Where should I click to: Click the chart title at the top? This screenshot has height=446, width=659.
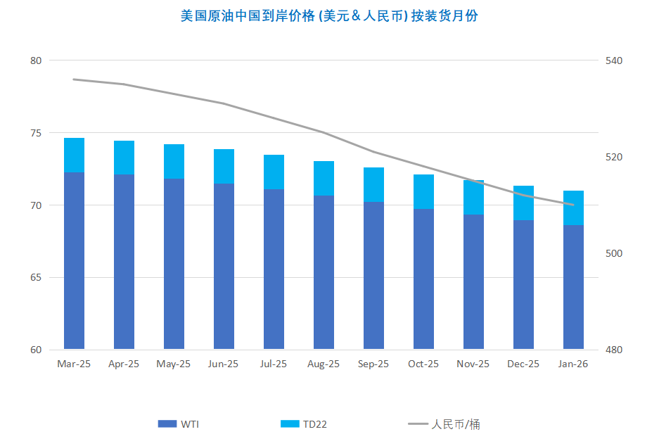coord(329,15)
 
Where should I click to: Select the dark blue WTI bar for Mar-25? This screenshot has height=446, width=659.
coord(74,260)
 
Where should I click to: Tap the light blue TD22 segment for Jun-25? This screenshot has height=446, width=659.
coord(224,166)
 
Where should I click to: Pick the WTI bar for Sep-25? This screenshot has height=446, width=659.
coord(373,275)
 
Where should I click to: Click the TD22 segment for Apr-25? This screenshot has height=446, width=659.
coord(124,158)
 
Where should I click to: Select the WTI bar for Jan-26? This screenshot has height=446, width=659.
coord(573,287)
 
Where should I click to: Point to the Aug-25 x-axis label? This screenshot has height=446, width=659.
coord(324,364)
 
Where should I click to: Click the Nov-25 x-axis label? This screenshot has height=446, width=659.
coord(473,364)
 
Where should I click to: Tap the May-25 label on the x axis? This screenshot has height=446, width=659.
coord(174,364)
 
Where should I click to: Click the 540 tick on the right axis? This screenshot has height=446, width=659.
coord(615,60)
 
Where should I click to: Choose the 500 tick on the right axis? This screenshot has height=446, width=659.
coord(615,253)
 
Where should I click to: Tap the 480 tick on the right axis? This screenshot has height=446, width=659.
coord(615,350)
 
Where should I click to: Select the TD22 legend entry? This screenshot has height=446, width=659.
coord(304,424)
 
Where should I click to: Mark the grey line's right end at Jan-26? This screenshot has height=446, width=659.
coord(573,205)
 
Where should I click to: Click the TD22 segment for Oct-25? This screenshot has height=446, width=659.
coord(423,191)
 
